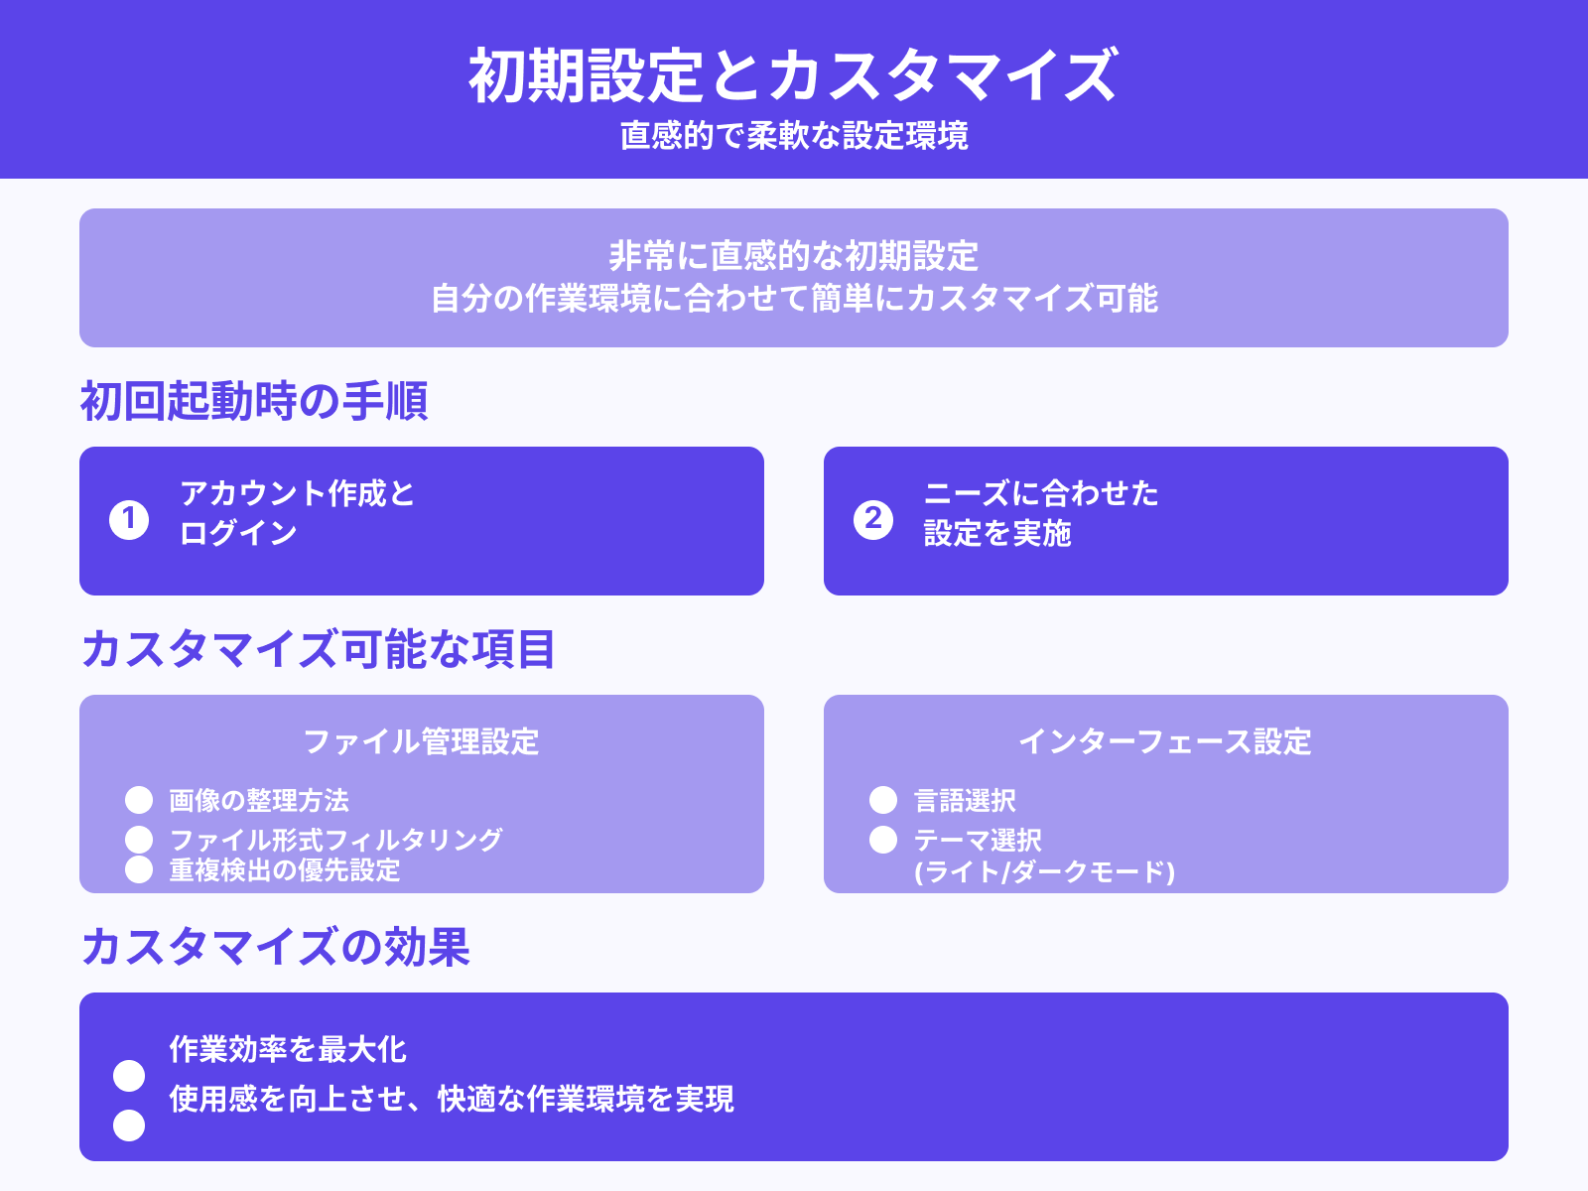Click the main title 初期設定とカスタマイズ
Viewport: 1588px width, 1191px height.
793,75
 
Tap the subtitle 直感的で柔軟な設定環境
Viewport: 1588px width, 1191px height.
793,136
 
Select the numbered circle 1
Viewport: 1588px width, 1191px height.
129,519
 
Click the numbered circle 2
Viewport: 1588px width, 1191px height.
873,519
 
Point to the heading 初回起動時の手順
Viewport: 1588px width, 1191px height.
253,402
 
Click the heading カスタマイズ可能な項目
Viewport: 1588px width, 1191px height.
318,650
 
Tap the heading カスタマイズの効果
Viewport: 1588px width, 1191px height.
275,947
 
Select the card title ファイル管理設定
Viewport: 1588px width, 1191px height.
421,741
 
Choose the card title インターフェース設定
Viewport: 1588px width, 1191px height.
1165,741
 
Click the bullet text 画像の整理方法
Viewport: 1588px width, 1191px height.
259,800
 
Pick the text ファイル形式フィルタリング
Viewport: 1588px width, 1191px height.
335,840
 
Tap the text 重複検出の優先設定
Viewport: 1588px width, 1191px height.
285,870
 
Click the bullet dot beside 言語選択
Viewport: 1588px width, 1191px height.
883,800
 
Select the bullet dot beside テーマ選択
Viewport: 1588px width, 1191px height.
883,840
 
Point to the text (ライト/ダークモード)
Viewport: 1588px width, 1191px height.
1044,871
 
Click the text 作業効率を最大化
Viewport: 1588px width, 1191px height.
288,1049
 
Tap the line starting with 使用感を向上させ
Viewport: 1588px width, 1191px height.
452,1099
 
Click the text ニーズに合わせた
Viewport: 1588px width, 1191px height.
1041,493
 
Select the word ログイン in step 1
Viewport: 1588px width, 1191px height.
238,533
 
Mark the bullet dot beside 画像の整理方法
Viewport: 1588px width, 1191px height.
139,800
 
